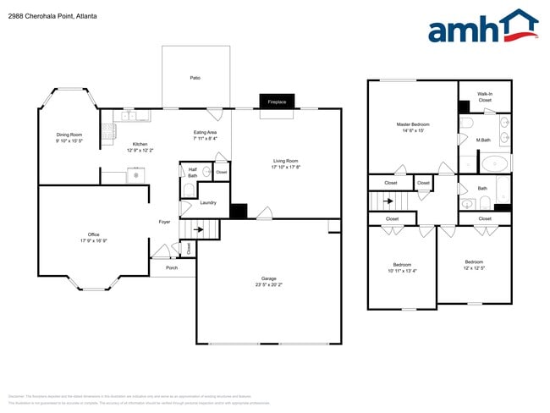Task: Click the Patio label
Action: click(x=195, y=78)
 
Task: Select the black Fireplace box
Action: click(x=278, y=101)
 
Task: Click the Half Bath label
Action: click(x=193, y=173)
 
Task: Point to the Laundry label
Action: click(x=207, y=202)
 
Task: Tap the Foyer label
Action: click(x=165, y=222)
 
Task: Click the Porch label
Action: click(x=172, y=267)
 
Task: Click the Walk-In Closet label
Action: click(x=485, y=96)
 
